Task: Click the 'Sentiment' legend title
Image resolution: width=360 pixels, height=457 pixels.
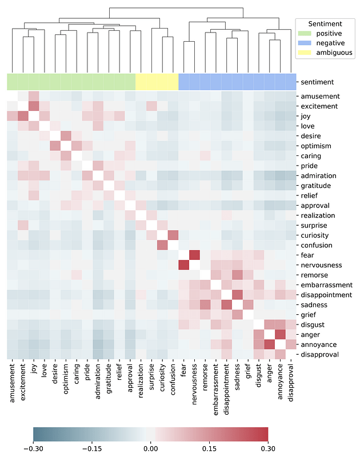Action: pyautogui.click(x=325, y=23)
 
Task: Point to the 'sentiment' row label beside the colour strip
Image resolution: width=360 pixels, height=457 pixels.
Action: pyautogui.click(x=317, y=82)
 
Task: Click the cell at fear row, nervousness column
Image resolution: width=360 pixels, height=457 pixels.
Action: pyautogui.click(x=195, y=255)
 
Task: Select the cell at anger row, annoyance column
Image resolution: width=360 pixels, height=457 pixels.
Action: pyautogui.click(x=281, y=334)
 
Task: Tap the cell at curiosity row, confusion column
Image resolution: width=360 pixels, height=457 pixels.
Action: pyautogui.click(x=174, y=235)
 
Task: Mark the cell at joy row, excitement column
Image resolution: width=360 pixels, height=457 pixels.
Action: pyautogui.click(x=23, y=116)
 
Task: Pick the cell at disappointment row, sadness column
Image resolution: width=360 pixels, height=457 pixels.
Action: pyautogui.click(x=238, y=295)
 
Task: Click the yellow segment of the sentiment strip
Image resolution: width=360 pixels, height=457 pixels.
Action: pyautogui.click(x=157, y=82)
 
